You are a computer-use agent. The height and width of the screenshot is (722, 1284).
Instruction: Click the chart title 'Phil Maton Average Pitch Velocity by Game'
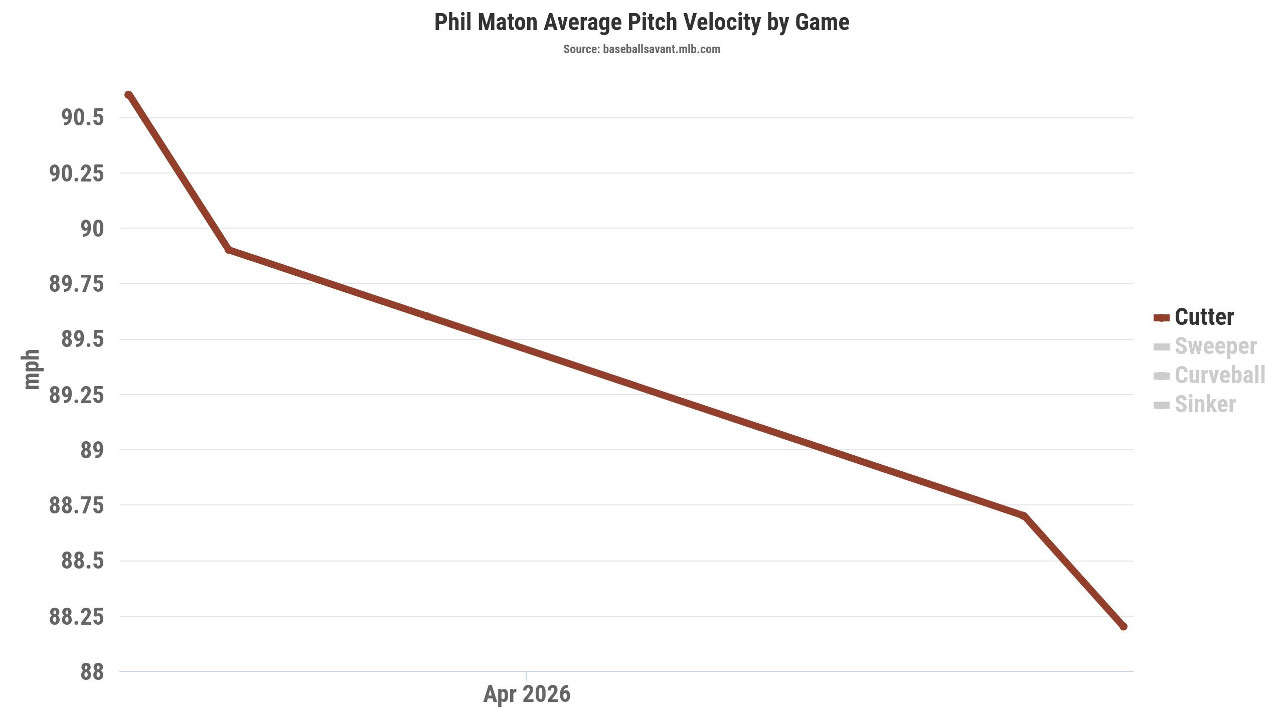(x=641, y=23)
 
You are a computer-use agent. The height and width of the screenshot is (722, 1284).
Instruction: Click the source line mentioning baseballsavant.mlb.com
(x=641, y=49)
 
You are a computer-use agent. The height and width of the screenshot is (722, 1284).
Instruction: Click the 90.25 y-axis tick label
(x=76, y=173)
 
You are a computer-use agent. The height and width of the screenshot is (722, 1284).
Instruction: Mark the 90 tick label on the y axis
(x=92, y=229)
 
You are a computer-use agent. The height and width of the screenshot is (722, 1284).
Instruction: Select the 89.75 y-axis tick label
(x=76, y=284)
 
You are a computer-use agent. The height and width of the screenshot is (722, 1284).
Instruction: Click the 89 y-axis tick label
(x=92, y=450)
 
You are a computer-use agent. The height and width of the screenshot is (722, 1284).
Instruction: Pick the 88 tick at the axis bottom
(x=92, y=672)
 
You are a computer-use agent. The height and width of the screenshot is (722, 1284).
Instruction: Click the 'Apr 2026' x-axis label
(x=527, y=694)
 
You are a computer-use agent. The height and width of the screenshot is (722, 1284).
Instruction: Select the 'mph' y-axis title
(x=31, y=370)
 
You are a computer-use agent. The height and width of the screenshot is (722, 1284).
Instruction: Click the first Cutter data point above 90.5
(x=128, y=95)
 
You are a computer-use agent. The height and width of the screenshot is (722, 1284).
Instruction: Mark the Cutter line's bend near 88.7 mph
(x=1023, y=516)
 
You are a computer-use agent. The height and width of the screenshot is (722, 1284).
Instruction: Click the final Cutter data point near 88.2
(x=1123, y=626)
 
